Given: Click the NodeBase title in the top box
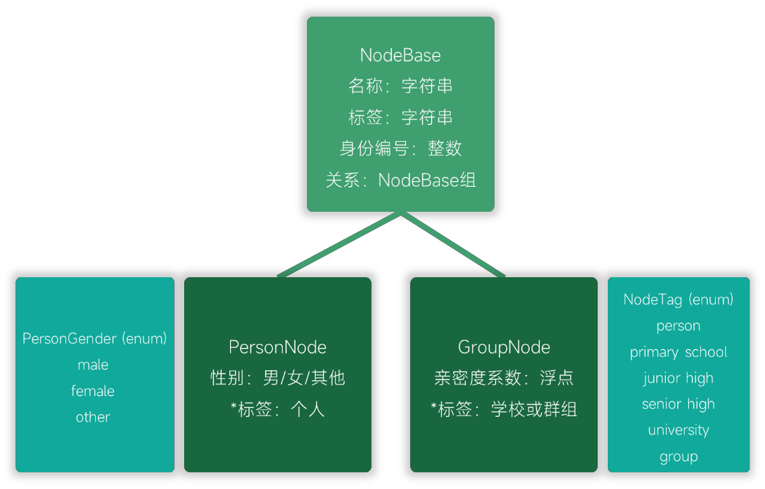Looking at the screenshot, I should point(400,55).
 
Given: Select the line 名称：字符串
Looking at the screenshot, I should point(400,86).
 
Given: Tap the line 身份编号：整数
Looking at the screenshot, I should point(400,148).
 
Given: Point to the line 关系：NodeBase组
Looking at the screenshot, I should point(400,180).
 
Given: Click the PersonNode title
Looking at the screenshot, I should point(277,347).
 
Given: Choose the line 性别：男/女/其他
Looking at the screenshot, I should point(277,378).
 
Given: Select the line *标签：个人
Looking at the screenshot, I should point(277,409).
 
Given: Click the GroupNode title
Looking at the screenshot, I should point(504,347).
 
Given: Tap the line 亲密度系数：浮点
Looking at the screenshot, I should point(504,378).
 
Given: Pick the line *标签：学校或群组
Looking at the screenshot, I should point(504,409).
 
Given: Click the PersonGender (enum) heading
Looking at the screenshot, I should point(94,339).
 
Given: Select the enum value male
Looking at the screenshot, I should point(93,365).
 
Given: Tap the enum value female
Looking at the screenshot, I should point(93,391).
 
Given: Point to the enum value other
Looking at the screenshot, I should point(93,417).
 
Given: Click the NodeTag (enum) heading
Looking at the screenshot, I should point(678,299).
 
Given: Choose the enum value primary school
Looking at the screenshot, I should point(678,352).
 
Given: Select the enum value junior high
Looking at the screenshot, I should point(678,378).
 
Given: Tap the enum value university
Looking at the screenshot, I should point(678,430).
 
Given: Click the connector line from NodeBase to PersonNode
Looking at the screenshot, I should point(340,245).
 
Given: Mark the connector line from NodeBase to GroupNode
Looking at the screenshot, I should point(453,245).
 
